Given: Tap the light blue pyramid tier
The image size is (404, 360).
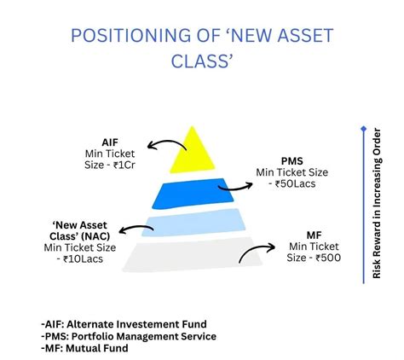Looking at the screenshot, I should click(x=192, y=224).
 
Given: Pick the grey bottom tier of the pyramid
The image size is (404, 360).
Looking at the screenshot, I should click(x=192, y=253).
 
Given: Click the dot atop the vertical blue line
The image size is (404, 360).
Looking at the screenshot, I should click(x=363, y=130).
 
